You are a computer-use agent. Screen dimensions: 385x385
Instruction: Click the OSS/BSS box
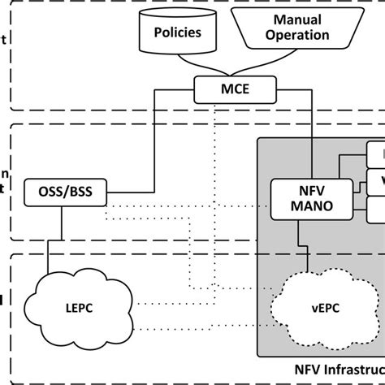tap(58, 193)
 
